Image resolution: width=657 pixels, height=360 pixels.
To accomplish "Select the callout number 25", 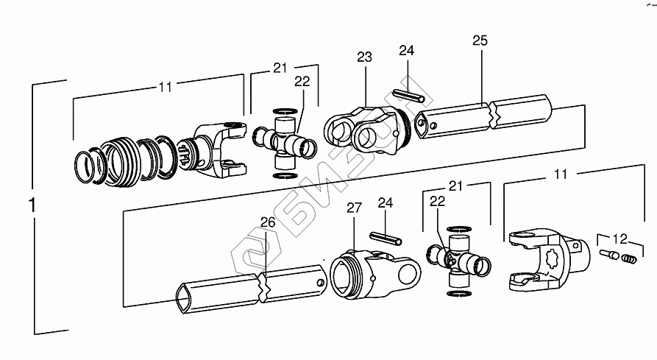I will point(480,40).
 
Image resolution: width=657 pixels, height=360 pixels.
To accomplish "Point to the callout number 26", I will point(267,222).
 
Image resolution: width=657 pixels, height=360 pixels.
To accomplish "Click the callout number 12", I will point(621,239).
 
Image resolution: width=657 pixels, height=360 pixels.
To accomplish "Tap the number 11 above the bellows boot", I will point(165,86).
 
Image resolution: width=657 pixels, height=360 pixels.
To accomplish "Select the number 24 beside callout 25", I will point(407,50).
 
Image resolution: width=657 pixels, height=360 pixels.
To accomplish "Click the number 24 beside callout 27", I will point(386,202).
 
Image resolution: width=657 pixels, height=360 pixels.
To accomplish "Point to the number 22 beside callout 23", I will point(302,82).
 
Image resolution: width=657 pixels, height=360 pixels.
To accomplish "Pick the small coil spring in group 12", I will point(626,258).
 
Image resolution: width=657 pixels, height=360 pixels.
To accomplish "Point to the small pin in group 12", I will point(608,255).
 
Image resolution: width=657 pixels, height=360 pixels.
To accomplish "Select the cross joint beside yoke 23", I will point(283,140).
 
